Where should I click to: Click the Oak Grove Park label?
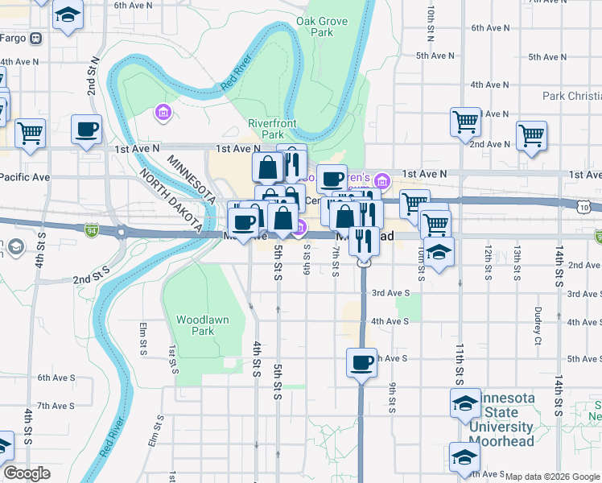315,27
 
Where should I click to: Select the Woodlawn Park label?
203,325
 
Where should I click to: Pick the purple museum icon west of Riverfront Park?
163,112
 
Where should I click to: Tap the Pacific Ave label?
25,176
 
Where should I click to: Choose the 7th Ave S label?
56,406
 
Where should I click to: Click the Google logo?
27,473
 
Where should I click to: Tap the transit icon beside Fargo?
35,38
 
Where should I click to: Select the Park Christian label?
571,96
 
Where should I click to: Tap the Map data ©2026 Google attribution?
552,477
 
